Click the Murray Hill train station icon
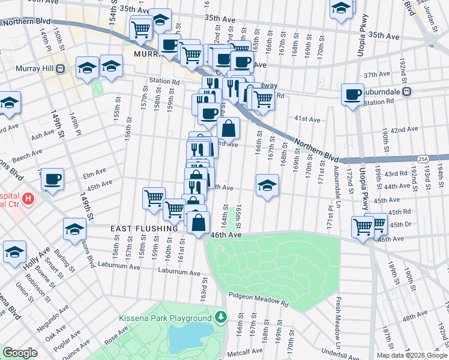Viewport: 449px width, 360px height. [x=61, y=68]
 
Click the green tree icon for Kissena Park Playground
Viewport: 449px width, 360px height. [x=221, y=317]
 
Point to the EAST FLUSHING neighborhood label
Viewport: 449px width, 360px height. [x=144, y=229]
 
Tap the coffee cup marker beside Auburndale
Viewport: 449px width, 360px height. [x=352, y=94]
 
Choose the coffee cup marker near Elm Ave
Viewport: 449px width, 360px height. [x=52, y=179]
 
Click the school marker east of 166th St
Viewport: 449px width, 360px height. [x=267, y=185]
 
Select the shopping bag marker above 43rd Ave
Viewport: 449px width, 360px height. [x=229, y=128]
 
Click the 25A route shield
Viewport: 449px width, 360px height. [x=423, y=158]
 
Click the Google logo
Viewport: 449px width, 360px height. [x=20, y=353]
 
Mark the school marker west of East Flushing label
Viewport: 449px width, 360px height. [x=74, y=230]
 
